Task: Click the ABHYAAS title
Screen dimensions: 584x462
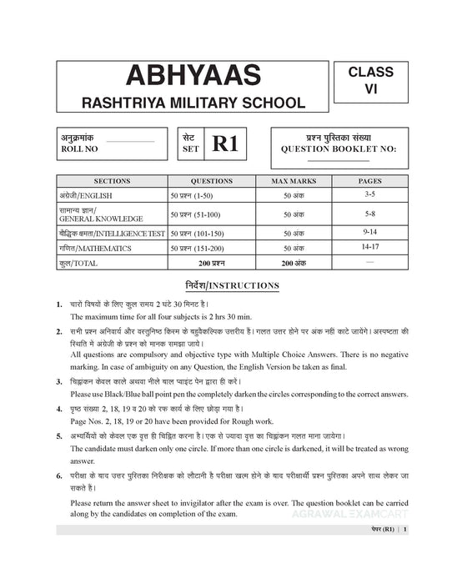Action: pyautogui.click(x=183, y=77)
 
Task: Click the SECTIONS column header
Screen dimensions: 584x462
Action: pyautogui.click(x=112, y=180)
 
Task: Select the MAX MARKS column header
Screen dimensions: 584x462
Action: pyautogui.click(x=293, y=180)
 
